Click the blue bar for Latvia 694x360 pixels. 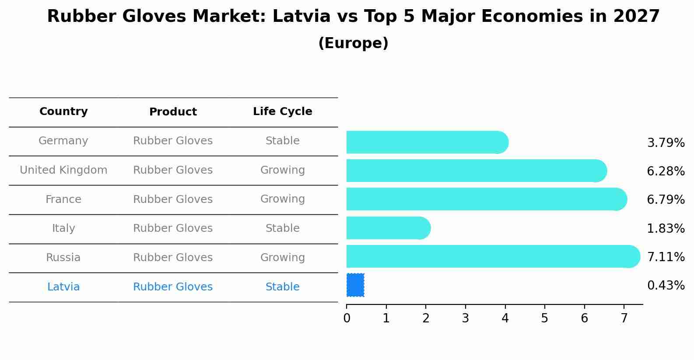click(355, 285)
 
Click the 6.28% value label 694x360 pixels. click(666, 171)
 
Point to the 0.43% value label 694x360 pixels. click(666, 286)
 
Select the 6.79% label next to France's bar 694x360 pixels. click(666, 200)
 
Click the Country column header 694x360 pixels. click(63, 112)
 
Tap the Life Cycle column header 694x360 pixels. click(282, 112)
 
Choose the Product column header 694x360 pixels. click(173, 112)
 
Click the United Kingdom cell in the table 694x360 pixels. click(63, 170)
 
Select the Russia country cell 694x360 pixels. click(63, 258)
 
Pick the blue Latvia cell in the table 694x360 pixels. click(63, 287)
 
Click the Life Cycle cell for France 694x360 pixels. click(282, 199)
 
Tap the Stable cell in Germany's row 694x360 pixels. click(282, 141)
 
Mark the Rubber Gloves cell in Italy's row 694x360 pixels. click(173, 228)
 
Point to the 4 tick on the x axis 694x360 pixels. click(505, 318)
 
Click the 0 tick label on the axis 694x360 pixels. click(347, 318)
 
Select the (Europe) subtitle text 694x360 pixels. click(353, 43)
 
